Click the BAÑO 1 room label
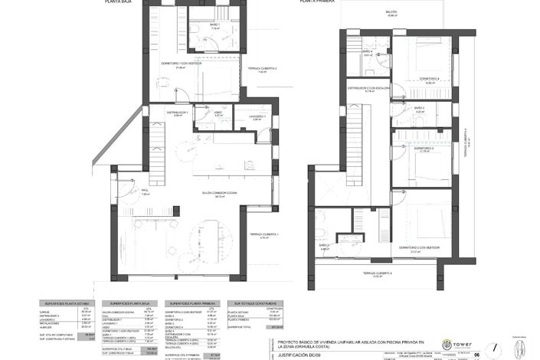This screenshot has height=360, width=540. [x=215, y=24]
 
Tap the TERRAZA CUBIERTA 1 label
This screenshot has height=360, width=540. [x=263, y=234]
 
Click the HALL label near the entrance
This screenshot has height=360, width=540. [x=144, y=191]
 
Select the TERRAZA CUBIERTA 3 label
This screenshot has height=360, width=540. [x=377, y=273]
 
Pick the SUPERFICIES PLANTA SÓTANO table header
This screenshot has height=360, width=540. [x=67, y=303]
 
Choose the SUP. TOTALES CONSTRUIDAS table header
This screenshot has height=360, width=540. [x=247, y=303]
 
